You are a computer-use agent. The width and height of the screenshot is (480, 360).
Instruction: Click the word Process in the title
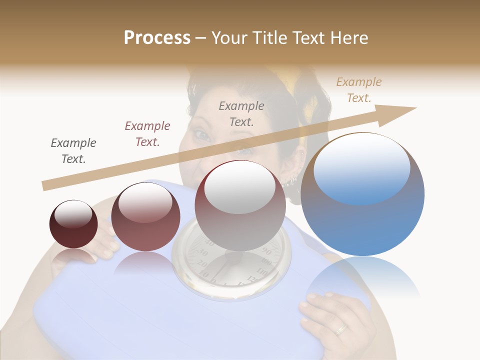coord(157,37)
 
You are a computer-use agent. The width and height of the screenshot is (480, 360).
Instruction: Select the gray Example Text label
coord(73,151)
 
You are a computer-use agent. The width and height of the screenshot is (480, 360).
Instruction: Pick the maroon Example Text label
coord(147,134)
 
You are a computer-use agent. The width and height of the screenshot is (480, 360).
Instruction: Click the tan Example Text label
coord(358,90)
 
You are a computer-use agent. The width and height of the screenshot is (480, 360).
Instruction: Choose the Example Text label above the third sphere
coord(241,113)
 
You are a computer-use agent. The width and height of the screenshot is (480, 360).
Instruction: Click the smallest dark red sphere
coord(73,224)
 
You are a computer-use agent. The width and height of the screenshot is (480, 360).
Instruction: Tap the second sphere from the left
coord(145,216)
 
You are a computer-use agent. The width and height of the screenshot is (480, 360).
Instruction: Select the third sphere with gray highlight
coord(240,205)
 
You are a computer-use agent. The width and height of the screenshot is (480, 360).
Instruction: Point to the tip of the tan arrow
coord(415,108)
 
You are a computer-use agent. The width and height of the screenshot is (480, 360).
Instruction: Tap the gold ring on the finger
coord(341,328)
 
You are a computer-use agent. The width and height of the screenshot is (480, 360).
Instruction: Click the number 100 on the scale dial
coord(266,263)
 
